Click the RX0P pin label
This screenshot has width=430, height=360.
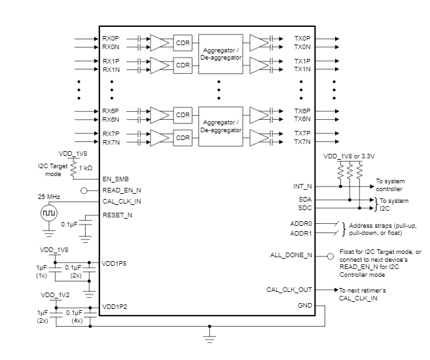pyautogui.click(x=111, y=39)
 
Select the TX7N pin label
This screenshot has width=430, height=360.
pyautogui.click(x=302, y=142)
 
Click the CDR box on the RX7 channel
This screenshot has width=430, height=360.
pyautogui.click(x=183, y=138)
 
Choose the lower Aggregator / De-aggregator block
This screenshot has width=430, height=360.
pyautogui.click(x=220, y=126)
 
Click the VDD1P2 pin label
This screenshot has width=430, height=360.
pyautogui.click(x=115, y=306)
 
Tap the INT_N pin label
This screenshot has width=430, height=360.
pyautogui.click(x=303, y=187)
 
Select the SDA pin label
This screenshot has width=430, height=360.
pyautogui.click(x=305, y=198)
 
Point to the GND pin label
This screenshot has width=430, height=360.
pyautogui.click(x=306, y=306)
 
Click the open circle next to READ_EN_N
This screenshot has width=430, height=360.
pyautogui.click(x=84, y=190)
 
